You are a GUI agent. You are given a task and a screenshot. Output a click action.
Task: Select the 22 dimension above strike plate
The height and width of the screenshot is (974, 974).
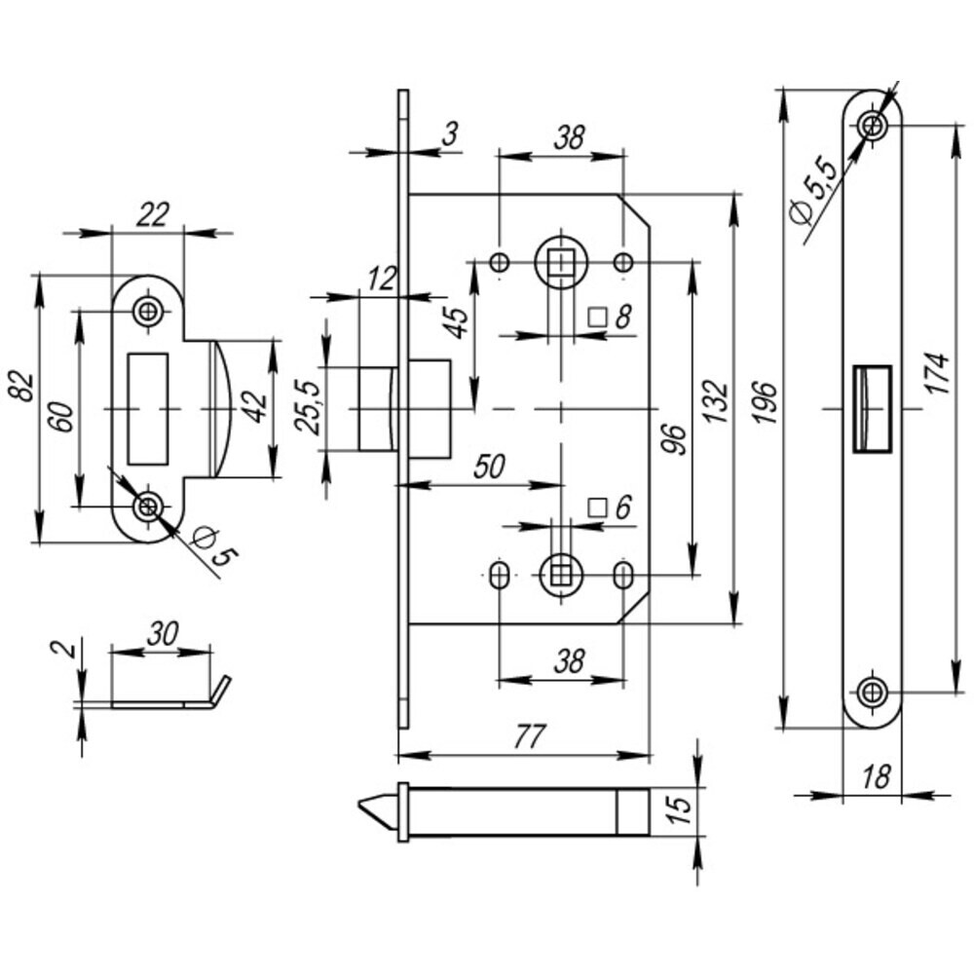[153, 214]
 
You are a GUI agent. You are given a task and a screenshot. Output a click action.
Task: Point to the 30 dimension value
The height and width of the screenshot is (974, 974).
[161, 632]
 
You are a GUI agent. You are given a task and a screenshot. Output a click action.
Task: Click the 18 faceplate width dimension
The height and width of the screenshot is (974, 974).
[876, 776]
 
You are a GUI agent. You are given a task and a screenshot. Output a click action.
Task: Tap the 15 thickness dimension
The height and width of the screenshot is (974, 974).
[682, 809]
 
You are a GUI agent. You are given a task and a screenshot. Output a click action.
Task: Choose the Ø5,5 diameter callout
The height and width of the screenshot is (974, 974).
[814, 194]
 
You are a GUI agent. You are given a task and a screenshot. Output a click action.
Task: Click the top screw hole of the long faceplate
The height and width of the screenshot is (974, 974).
[873, 125]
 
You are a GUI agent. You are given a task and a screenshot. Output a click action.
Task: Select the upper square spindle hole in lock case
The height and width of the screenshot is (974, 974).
[560, 261]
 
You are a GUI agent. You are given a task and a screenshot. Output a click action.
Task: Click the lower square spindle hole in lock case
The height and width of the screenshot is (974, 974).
[560, 572]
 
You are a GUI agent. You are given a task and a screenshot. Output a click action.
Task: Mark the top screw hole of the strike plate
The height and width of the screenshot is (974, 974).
[148, 312]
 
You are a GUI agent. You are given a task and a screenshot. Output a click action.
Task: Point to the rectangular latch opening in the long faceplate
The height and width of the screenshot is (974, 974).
[873, 408]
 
